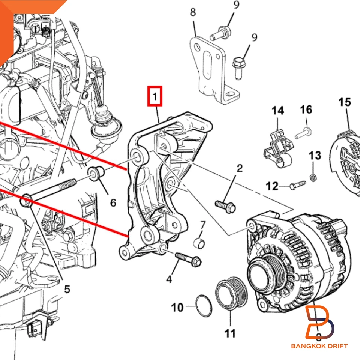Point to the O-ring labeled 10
(204, 305)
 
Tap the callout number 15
(345, 102)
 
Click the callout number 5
(67, 289)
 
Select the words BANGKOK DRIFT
(319, 346)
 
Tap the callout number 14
(278, 110)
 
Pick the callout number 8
(193, 12)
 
